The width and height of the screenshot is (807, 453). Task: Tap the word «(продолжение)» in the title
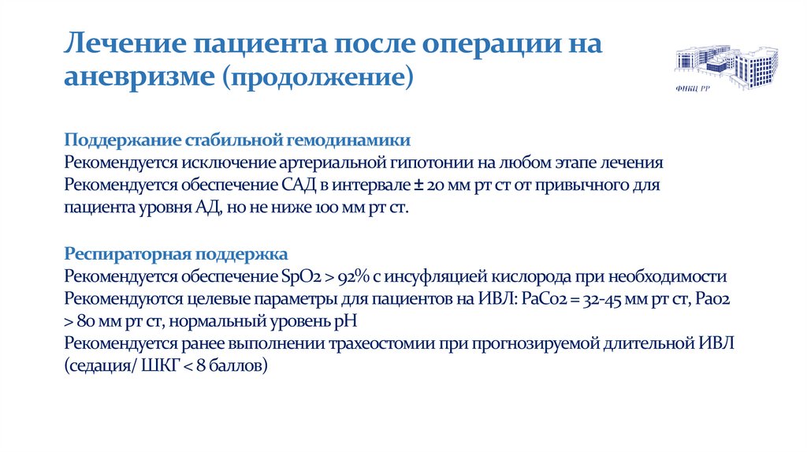[317, 78]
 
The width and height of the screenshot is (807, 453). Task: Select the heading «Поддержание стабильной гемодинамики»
[237, 140]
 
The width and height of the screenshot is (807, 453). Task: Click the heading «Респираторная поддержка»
[177, 254]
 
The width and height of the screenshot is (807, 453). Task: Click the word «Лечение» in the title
[117, 43]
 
